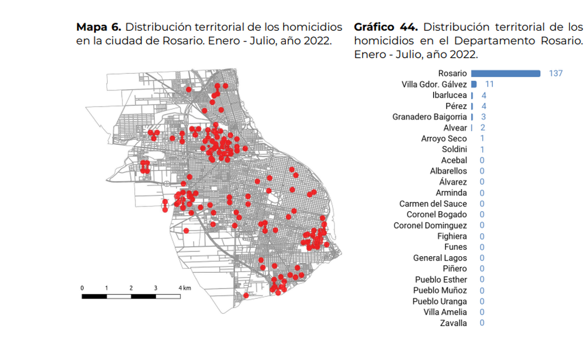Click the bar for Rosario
tap(505, 73)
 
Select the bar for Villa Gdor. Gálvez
tap(474, 84)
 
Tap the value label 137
tap(556, 73)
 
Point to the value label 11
tap(489, 84)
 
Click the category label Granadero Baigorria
tap(430, 117)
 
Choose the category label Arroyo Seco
tap(444, 139)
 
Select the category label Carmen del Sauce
tap(433, 204)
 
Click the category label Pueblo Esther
tap(441, 280)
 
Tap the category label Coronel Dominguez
tap(430, 225)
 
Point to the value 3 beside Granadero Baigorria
tap(483, 117)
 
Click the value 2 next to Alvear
tap(483, 128)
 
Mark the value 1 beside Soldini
tap(483, 149)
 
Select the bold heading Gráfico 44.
tap(386, 27)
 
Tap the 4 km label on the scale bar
tap(184, 288)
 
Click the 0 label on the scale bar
tap(82, 288)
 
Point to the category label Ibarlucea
tap(449, 95)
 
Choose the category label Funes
tap(456, 247)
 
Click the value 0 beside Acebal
tap(482, 160)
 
